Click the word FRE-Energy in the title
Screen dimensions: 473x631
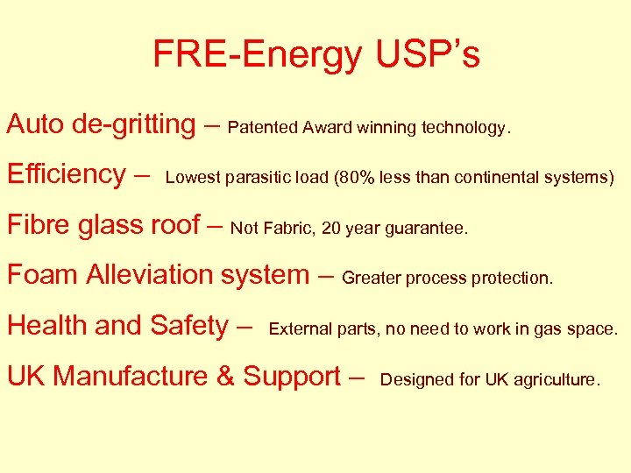click(257, 54)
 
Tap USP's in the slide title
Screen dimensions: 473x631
click(428, 54)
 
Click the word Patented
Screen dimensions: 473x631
click(263, 128)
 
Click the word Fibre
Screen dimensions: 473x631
click(39, 224)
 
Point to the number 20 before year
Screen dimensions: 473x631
click(331, 229)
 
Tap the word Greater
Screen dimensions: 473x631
click(371, 279)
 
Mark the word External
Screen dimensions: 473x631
click(300, 329)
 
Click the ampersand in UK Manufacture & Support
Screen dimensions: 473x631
click(225, 376)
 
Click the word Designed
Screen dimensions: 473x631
click(414, 380)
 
